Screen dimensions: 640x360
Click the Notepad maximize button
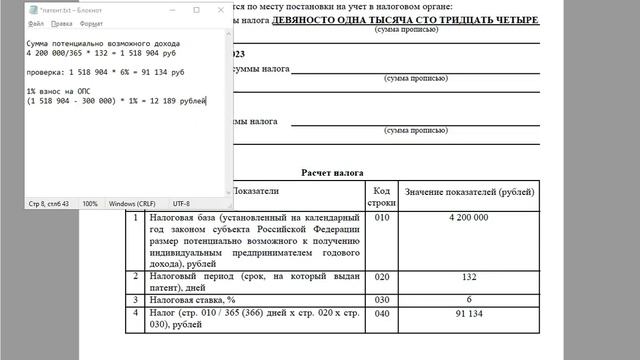click(196, 9)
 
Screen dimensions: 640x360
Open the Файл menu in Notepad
click(36, 23)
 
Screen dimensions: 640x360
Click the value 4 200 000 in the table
click(467, 217)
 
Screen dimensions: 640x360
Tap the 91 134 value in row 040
click(467, 313)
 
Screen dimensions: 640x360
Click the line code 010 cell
click(380, 217)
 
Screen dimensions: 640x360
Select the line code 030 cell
click(380, 298)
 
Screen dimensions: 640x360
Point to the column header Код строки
click(380, 196)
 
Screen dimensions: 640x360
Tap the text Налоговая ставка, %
click(196, 298)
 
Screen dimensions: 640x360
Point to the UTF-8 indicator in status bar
click(181, 203)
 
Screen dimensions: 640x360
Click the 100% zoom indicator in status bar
click(90, 203)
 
